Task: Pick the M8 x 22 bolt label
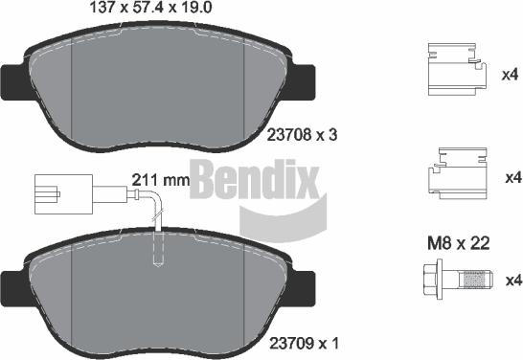point(457,244)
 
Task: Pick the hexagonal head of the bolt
point(428,281)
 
